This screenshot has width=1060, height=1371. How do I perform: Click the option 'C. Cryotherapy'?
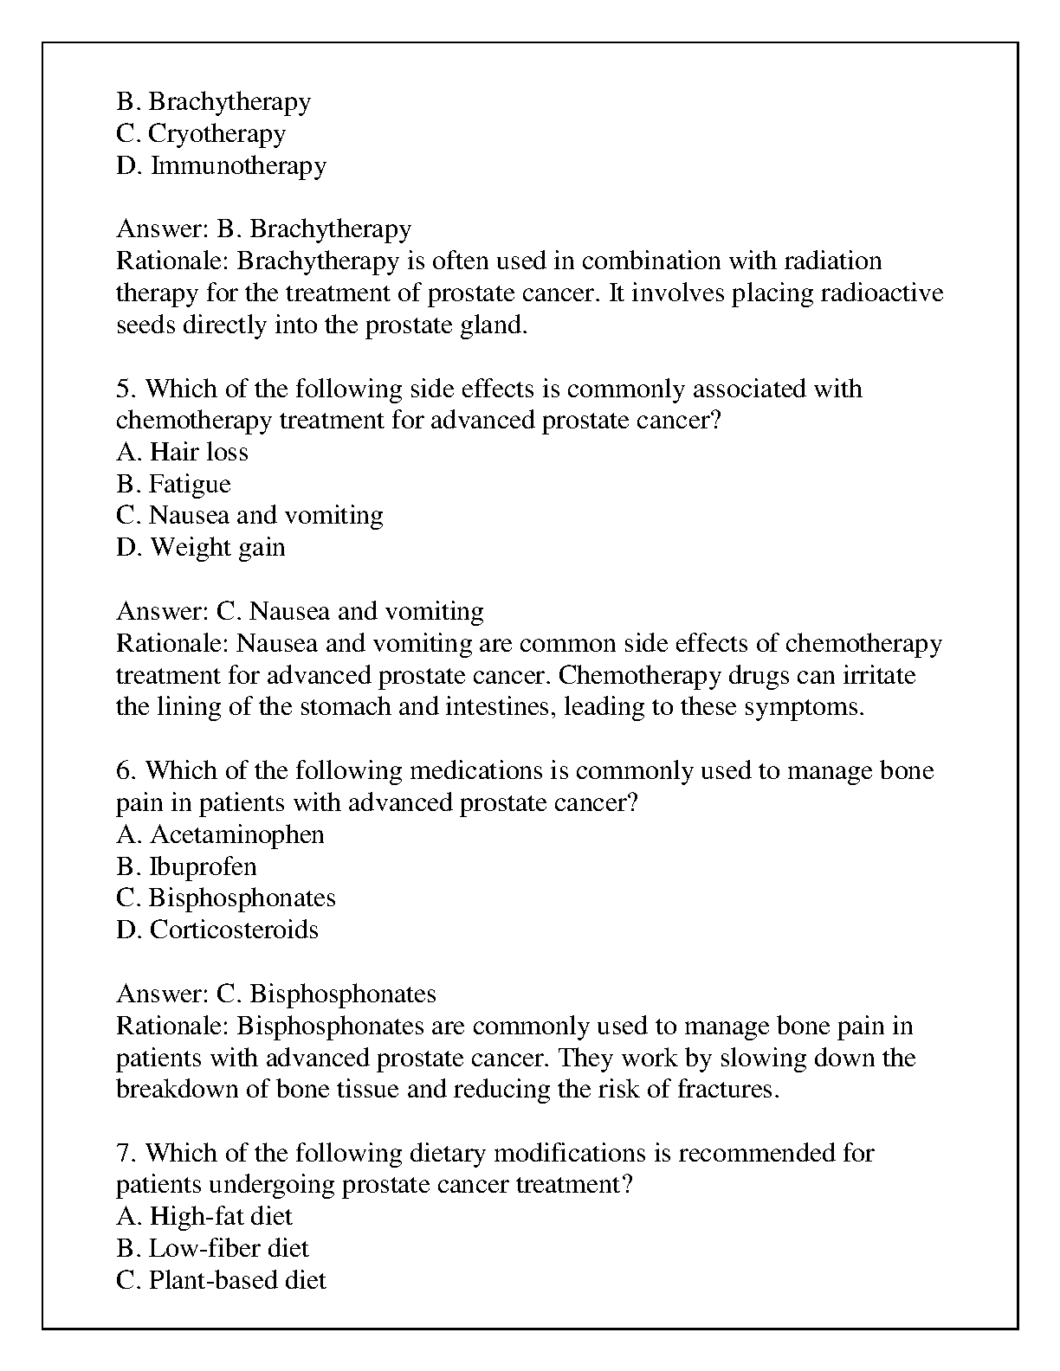click(x=201, y=134)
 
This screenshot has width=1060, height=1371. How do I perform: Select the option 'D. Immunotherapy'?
click(x=221, y=165)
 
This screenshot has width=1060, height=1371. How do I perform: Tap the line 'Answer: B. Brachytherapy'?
click(x=263, y=229)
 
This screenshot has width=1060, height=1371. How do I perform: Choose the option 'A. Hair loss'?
click(x=182, y=452)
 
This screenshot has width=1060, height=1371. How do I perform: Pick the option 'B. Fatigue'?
click(x=173, y=484)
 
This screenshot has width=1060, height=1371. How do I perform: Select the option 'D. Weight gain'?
click(x=200, y=548)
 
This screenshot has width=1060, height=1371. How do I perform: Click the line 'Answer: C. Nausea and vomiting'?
click(x=300, y=612)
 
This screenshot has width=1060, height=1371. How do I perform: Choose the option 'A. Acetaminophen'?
click(x=220, y=835)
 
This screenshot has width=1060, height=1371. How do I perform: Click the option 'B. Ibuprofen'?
click(x=186, y=866)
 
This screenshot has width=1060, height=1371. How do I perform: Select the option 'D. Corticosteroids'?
click(x=217, y=930)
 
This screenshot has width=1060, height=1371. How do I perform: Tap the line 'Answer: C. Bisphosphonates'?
click(x=276, y=994)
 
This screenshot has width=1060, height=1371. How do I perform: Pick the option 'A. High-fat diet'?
click(x=204, y=1217)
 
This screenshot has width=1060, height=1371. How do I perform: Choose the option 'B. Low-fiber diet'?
click(x=212, y=1248)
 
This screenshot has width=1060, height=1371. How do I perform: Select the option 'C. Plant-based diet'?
click(x=221, y=1280)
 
